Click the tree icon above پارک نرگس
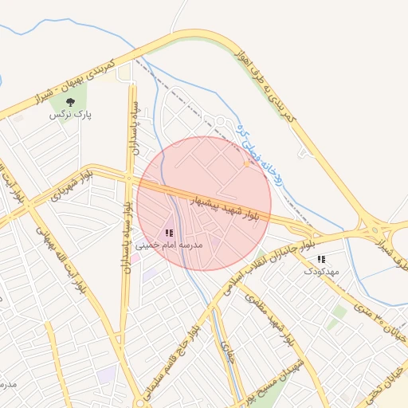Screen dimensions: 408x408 pos(71,102)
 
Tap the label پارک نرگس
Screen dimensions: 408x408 pos(71,115)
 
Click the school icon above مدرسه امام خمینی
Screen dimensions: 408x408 pos(169,233)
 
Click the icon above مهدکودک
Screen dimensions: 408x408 pos(321,259)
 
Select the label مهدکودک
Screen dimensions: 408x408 pos(321,271)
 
